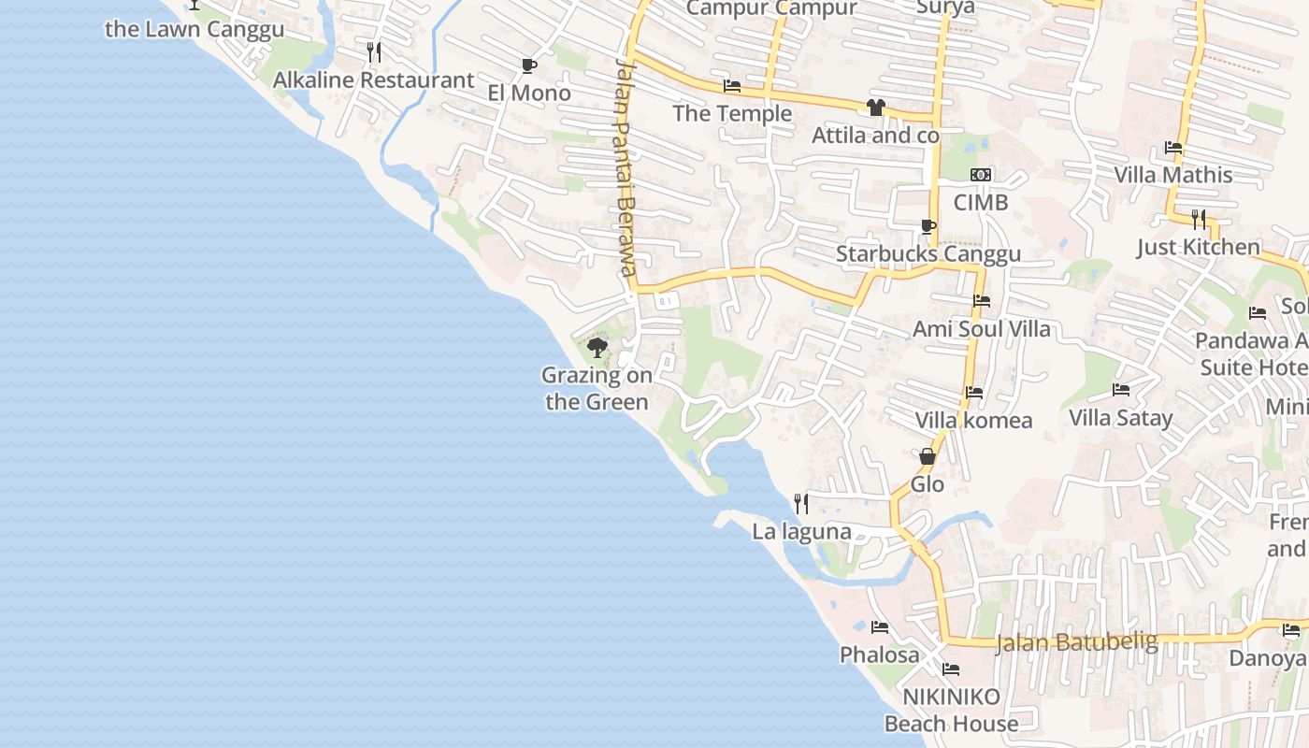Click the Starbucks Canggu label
tap(928, 254)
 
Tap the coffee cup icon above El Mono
tap(529, 65)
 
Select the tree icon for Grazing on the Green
tap(597, 349)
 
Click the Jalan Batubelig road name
tap(1076, 642)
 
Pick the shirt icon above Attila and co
tap(875, 108)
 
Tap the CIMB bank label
tap(981, 202)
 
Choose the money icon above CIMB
tap(981, 175)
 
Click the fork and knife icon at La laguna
tap(801, 504)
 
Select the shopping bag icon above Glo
tap(928, 457)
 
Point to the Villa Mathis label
tap(1172, 175)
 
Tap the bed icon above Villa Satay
tap(1121, 390)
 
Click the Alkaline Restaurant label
tap(373, 80)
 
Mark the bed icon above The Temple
tap(732, 86)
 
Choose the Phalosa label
tap(879, 654)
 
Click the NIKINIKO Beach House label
tap(951, 710)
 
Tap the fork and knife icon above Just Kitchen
tap(1198, 220)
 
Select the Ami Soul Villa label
tap(981, 329)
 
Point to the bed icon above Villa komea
tap(974, 393)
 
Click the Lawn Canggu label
tap(194, 29)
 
